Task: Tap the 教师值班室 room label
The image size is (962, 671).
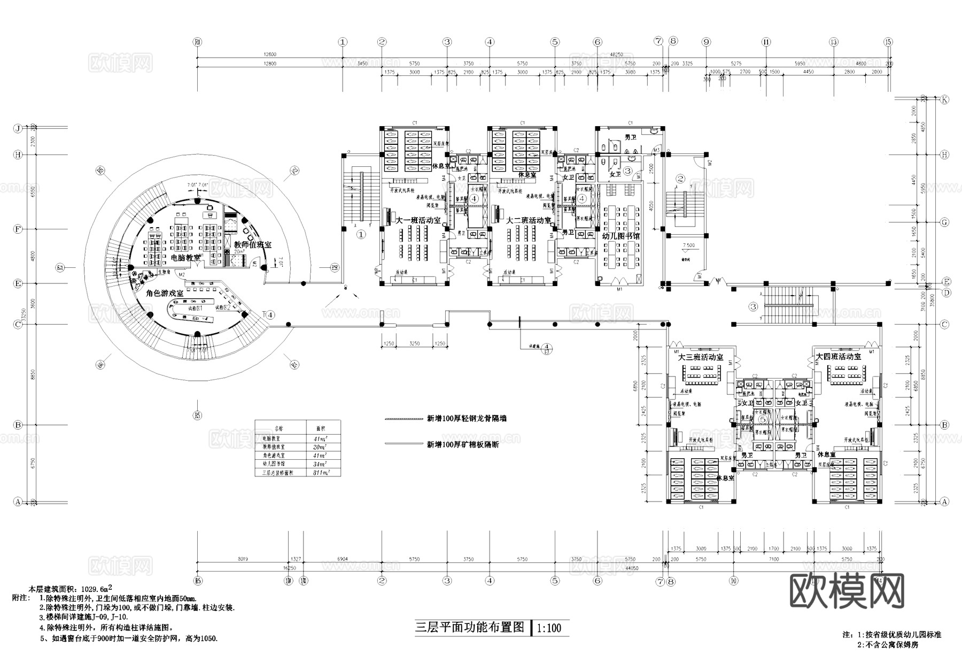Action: pyautogui.click(x=252, y=244)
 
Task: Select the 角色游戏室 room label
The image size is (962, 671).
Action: pyautogui.click(x=165, y=294)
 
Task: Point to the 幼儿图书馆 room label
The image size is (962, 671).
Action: pyautogui.click(x=620, y=236)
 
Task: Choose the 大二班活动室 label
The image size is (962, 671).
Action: pyautogui.click(x=527, y=220)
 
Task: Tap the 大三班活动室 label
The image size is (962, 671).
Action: pyautogui.click(x=700, y=357)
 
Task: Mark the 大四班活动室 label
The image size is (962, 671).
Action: pyautogui.click(x=838, y=357)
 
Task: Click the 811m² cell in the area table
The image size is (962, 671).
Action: pyautogui.click(x=322, y=473)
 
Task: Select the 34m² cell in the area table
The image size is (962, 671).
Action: pyautogui.click(x=321, y=464)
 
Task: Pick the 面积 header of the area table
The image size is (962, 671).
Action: pyautogui.click(x=321, y=428)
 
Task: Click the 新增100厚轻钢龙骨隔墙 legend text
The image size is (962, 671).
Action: pyautogui.click(x=466, y=419)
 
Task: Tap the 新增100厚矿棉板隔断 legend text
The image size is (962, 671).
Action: pyautogui.click(x=462, y=444)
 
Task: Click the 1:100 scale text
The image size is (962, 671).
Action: pyautogui.click(x=549, y=628)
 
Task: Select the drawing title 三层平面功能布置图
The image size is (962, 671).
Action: pyautogui.click(x=470, y=627)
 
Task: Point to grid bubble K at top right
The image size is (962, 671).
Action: pyautogui.click(x=944, y=99)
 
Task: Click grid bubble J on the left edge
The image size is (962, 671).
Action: pyautogui.click(x=18, y=128)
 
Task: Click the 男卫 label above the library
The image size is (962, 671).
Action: pyautogui.click(x=632, y=137)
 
